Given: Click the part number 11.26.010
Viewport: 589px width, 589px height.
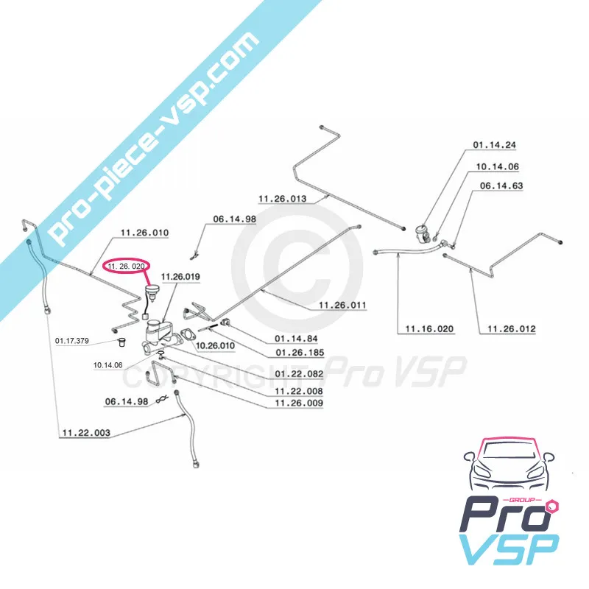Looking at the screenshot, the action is point(144,233).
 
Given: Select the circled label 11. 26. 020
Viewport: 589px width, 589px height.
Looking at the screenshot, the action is point(126,267).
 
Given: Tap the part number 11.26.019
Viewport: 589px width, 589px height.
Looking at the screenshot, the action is point(180,277).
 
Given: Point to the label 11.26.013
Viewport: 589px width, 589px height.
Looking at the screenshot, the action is point(283,199).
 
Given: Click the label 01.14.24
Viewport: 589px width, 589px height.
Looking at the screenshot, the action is point(494,145).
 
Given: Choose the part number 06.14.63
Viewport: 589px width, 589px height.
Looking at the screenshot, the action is point(501,186).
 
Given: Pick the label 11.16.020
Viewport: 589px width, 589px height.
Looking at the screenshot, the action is point(429,329).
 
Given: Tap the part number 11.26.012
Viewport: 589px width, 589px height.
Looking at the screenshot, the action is point(512,329).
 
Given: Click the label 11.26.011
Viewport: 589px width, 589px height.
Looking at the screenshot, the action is point(342,305).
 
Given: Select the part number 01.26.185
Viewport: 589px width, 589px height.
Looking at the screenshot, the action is point(300,353).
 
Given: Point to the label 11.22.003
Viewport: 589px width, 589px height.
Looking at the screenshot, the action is point(86,433).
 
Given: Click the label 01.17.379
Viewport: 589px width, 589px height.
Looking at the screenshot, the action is point(72,341).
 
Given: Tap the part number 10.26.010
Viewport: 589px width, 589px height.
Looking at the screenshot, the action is point(215,345).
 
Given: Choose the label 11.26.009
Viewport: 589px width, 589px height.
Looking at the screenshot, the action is point(299,403).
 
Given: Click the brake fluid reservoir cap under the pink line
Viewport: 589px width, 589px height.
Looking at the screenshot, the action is point(152,290).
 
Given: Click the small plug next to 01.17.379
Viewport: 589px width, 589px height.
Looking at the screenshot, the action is point(121,342).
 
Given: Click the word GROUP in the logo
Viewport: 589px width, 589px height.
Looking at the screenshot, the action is point(525,500).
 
